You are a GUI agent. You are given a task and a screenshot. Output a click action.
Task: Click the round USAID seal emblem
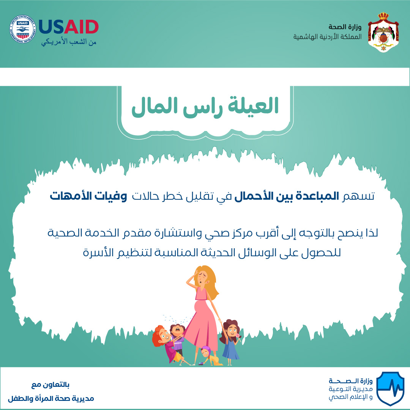(x=22, y=29)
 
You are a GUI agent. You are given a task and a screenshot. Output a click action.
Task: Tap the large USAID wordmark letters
(x=68, y=27)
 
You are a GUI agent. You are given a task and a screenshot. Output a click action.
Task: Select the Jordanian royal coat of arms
(x=383, y=32)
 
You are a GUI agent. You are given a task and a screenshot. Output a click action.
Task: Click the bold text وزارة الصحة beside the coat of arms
(x=345, y=27)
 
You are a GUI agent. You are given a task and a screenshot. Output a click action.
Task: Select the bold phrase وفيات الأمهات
(x=88, y=196)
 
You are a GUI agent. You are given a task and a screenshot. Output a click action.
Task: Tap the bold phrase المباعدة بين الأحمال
(x=287, y=196)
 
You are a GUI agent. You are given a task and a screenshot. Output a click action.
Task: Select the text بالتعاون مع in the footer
(x=50, y=385)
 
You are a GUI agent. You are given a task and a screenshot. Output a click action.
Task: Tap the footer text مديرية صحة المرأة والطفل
(x=51, y=399)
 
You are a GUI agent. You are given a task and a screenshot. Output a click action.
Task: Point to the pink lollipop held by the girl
(x=238, y=336)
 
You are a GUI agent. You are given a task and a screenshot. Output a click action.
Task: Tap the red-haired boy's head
(x=160, y=336)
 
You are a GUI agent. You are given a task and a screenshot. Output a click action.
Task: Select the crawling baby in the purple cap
(x=211, y=356)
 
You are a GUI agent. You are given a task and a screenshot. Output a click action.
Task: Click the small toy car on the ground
(x=201, y=363)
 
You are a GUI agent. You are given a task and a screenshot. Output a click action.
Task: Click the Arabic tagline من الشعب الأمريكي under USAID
(x=69, y=42)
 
